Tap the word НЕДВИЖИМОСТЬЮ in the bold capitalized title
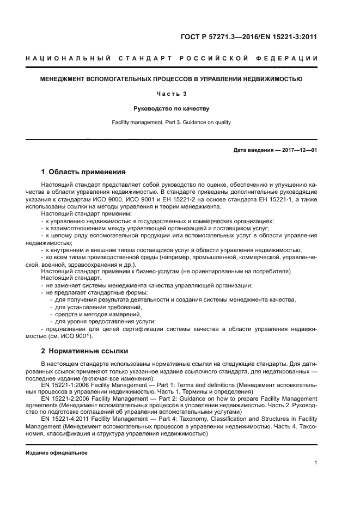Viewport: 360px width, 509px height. (271, 79)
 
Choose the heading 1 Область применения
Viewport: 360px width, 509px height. (83, 172)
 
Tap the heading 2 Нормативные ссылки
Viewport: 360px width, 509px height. (85, 351)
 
